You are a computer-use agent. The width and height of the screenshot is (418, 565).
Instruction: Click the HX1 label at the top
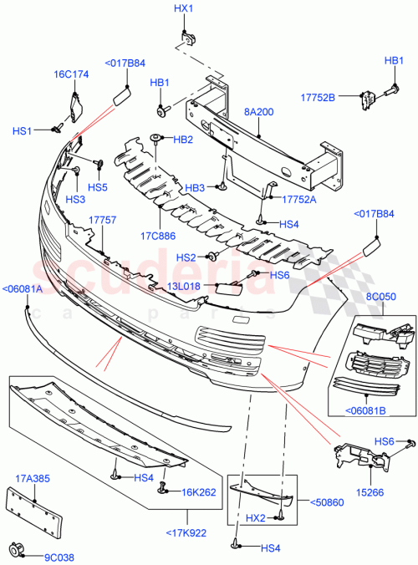tap(183, 8)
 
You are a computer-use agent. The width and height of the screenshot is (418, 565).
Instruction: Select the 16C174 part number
tap(71, 74)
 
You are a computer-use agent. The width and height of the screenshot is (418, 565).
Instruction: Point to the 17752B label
tap(318, 98)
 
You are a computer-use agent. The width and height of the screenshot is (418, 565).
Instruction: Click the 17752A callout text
tap(298, 200)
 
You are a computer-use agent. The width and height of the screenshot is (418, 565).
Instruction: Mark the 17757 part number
tap(103, 219)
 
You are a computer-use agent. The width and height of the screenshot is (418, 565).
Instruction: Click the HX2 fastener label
tap(257, 519)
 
